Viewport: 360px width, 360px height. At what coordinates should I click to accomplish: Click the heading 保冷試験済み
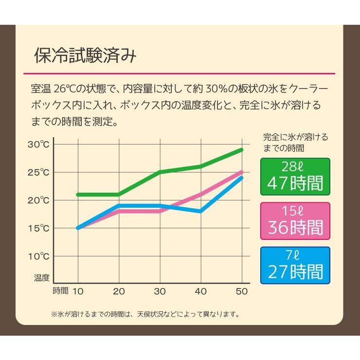click(86, 56)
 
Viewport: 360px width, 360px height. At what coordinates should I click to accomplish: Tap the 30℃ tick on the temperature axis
click(38, 144)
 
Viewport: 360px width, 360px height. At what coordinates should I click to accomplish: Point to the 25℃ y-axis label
click(38, 172)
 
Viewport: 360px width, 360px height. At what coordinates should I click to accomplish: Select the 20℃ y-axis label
click(38, 200)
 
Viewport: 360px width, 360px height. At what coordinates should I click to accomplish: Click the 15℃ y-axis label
click(38, 228)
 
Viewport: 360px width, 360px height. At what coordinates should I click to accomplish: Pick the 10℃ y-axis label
click(38, 255)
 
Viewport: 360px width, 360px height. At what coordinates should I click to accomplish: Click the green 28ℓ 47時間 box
click(295, 176)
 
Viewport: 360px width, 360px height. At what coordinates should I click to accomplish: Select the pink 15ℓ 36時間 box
click(295, 221)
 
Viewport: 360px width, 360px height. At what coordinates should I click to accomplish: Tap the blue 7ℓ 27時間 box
click(295, 266)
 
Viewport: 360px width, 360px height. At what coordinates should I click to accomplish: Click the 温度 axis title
click(42, 278)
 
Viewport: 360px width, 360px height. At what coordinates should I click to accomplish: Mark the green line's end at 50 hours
click(242, 150)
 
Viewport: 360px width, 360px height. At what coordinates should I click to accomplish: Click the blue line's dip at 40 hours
click(201, 211)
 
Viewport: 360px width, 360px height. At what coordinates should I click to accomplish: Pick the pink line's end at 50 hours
click(242, 172)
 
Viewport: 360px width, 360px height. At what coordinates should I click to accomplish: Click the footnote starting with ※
click(145, 314)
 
